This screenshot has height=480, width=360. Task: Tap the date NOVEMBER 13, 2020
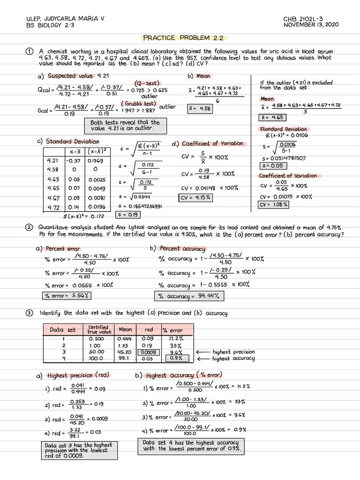coord(311,24)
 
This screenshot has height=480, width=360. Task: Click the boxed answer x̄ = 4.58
coord(199,108)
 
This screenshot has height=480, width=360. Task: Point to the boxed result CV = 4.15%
coord(195,198)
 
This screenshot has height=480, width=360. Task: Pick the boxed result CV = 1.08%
coord(274,204)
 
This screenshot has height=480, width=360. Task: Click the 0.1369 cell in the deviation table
coord(96,160)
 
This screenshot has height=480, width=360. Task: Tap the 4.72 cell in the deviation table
coord(52,207)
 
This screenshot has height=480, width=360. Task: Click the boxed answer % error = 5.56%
coord(66,295)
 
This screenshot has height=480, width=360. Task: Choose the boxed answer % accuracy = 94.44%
coord(189,296)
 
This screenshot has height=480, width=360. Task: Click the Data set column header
coord(62,330)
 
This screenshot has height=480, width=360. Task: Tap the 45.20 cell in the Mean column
coord(125,352)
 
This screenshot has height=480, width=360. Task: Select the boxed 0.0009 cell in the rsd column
coord(148,352)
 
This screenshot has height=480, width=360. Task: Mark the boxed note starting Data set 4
coord(191,446)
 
